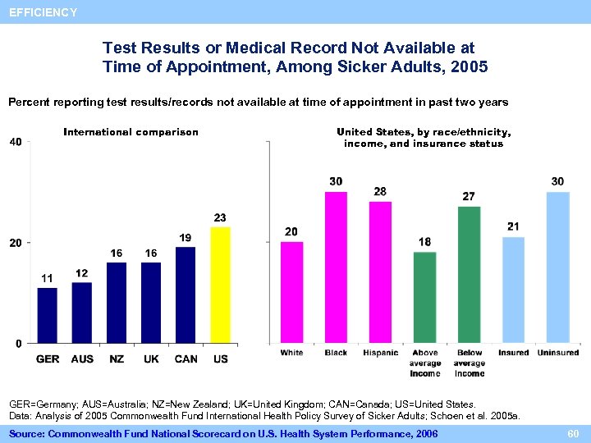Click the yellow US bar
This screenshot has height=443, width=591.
click(x=221, y=285)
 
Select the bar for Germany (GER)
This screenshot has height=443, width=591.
click(x=48, y=315)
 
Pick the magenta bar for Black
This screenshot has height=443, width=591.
click(x=336, y=267)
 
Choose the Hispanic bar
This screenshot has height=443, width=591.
click(x=380, y=272)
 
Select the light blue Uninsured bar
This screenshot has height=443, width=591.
click(x=557, y=267)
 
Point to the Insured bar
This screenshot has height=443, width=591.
click(x=513, y=290)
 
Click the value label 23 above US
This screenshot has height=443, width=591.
click(x=220, y=217)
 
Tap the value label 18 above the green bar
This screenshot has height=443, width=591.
click(x=424, y=242)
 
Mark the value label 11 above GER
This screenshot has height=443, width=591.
click(x=48, y=278)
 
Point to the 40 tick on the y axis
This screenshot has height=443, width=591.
click(x=15, y=142)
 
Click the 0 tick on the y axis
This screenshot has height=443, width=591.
click(x=18, y=343)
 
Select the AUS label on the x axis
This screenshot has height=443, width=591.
click(x=82, y=359)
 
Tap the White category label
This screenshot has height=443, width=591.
click(x=291, y=353)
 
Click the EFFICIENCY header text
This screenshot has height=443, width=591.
click(x=43, y=12)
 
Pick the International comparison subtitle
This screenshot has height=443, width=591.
click(x=131, y=132)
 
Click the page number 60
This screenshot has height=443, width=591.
click(x=572, y=432)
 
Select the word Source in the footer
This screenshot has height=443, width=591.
click(x=27, y=432)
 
